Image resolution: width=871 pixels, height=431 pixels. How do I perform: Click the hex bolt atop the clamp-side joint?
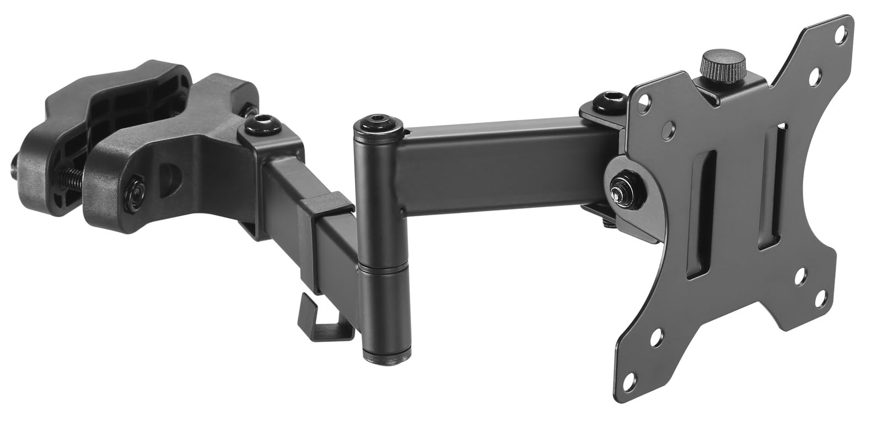pos(263,123)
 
